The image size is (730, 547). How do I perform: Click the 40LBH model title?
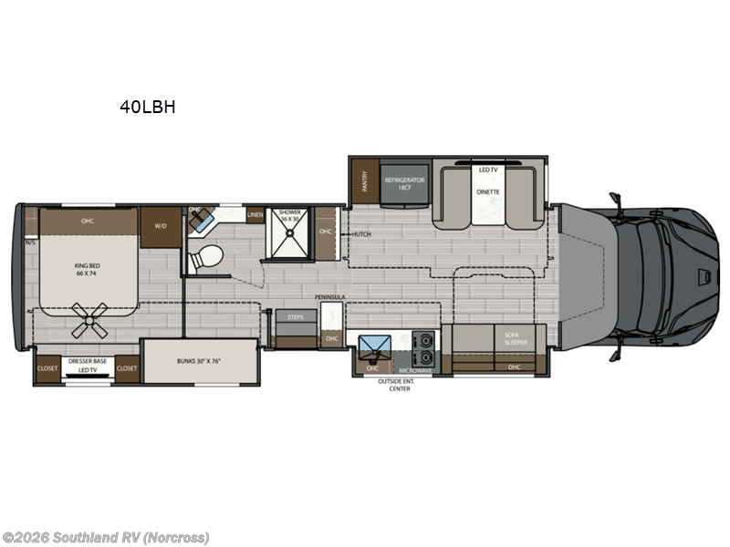pyautogui.click(x=147, y=107)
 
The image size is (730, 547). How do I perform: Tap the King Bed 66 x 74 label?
pyautogui.click(x=87, y=269)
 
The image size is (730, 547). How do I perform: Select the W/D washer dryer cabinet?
pyautogui.click(x=161, y=226)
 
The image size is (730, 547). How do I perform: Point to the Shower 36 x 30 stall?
pyautogui.click(x=289, y=227)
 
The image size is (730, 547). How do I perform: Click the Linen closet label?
pyautogui.click(x=255, y=215)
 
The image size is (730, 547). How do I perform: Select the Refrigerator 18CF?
pyautogui.click(x=404, y=183)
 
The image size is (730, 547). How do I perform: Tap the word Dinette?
pyautogui.click(x=488, y=192)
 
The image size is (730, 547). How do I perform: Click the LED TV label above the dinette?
pyautogui.click(x=488, y=170)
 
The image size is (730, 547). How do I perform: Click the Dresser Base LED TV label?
pyautogui.click(x=88, y=365)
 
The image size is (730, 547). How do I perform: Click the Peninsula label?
pyautogui.click(x=330, y=297)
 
